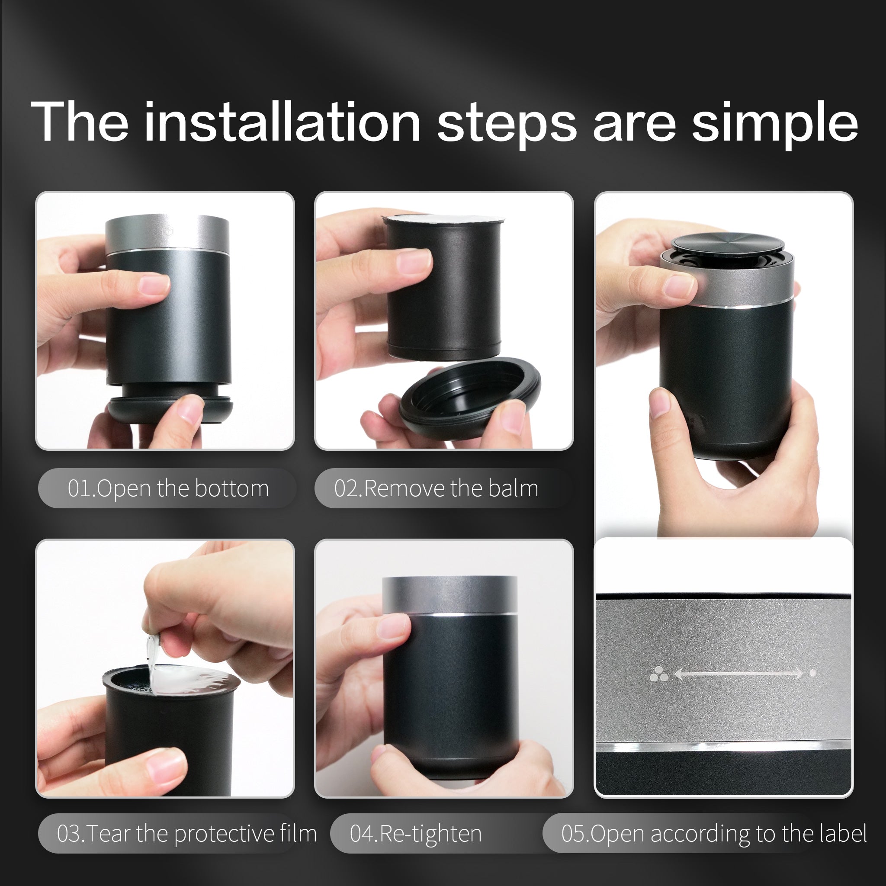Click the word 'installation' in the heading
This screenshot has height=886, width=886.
282,122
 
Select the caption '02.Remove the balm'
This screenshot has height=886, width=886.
436,488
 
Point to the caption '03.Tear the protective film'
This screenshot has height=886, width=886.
186,833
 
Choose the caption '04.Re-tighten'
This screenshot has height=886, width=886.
415,834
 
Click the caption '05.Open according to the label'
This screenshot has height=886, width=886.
713,833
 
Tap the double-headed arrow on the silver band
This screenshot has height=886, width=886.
738,674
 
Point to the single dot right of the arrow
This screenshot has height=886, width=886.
812,673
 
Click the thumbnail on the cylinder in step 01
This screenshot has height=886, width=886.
154,284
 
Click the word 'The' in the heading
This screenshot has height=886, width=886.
79,121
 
